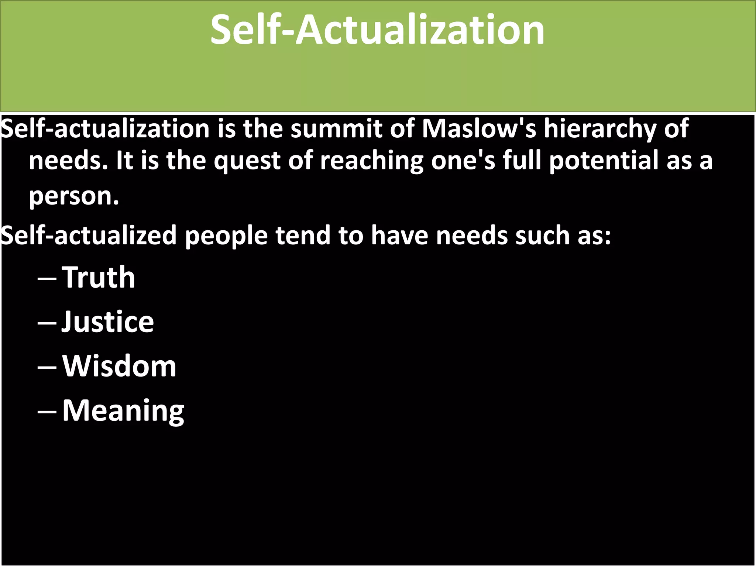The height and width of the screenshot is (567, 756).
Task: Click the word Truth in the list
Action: [99, 277]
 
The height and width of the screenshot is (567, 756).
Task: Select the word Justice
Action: [107, 322]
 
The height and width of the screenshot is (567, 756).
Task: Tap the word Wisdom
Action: [119, 366]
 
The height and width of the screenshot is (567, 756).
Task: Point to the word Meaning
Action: [123, 410]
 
